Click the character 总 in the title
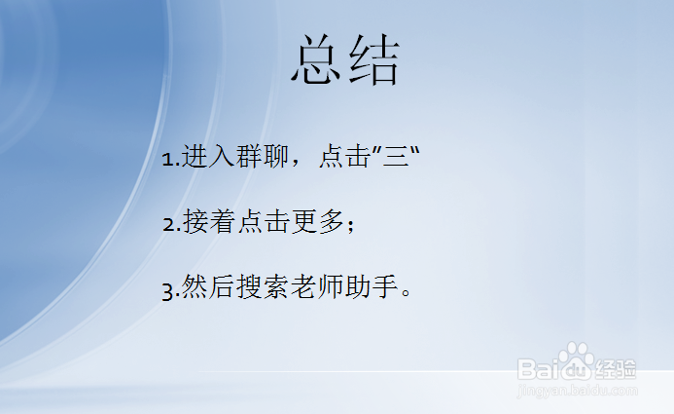click(x=317, y=62)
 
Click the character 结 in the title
click(x=374, y=62)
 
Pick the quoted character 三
click(x=396, y=157)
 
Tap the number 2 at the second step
click(x=167, y=224)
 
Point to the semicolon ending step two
click(x=351, y=225)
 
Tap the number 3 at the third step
click(x=167, y=289)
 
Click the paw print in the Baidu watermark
click(x=576, y=359)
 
